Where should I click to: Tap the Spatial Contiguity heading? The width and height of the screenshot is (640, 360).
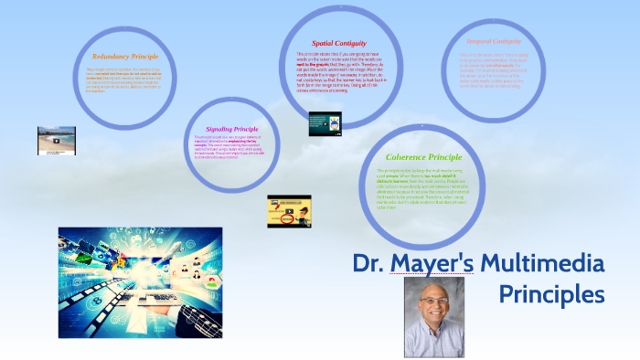(x=338, y=42)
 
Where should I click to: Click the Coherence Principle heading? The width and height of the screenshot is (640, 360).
(x=423, y=157)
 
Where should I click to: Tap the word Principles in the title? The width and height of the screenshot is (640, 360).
(x=551, y=295)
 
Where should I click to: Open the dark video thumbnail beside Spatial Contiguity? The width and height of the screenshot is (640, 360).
(x=325, y=123)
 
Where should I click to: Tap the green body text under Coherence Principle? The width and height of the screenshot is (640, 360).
(x=421, y=189)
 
